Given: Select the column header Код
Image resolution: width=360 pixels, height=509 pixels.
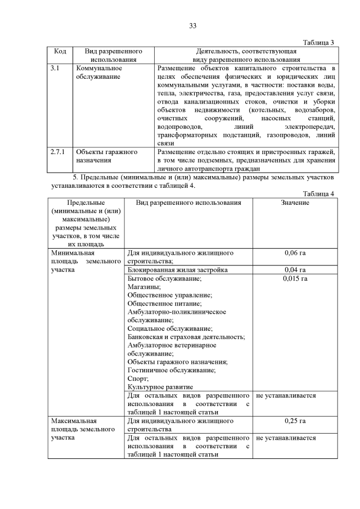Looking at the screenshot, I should click(x=60, y=51).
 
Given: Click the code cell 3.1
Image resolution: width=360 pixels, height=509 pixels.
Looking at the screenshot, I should click(x=55, y=68).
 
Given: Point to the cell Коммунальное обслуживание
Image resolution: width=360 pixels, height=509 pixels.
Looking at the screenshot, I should click(x=99, y=72).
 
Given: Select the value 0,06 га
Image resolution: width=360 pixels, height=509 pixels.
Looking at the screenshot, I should click(x=295, y=253).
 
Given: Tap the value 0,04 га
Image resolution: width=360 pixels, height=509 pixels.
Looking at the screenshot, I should click(x=295, y=270).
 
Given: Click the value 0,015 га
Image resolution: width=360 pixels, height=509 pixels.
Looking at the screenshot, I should click(x=295, y=278).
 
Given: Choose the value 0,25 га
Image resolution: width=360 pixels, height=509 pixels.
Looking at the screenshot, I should click(x=295, y=421).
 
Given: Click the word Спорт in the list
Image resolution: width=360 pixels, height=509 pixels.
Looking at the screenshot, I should click(x=138, y=379).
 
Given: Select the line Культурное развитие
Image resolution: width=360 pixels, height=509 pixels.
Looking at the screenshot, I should click(x=160, y=387).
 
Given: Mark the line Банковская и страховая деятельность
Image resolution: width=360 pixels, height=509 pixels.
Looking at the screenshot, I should click(x=186, y=336).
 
